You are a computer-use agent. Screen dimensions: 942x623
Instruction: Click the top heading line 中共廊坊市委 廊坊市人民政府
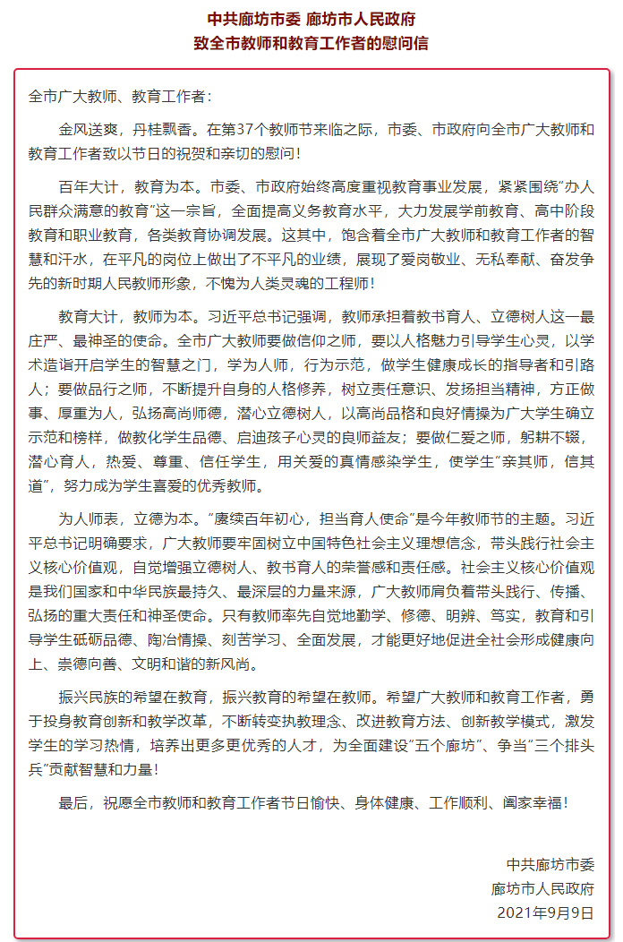click(311, 19)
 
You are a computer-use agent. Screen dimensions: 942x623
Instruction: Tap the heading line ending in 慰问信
click(311, 43)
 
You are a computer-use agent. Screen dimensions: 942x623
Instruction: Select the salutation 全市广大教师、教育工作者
click(117, 97)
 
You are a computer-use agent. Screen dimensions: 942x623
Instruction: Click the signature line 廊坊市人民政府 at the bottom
click(542, 889)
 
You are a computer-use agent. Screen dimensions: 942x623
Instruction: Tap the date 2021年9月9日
click(545, 912)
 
